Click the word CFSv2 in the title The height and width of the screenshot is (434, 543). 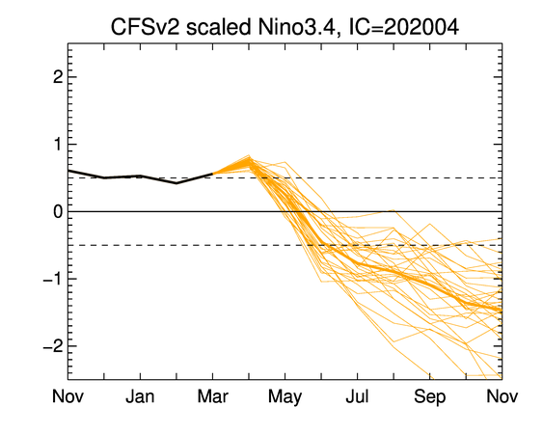point(145,27)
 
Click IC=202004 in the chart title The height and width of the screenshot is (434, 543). point(404,27)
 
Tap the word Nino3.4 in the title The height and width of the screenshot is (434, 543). point(297,27)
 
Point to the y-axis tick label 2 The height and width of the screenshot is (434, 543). point(58,77)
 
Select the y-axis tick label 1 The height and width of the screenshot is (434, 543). point(58,145)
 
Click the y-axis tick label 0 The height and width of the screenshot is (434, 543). point(58,211)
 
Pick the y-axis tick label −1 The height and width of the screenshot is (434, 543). point(53,279)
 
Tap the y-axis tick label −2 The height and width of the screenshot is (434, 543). point(53,346)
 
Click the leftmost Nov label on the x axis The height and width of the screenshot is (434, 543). point(68,396)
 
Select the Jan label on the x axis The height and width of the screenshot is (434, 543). point(140,396)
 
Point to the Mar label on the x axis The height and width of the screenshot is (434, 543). point(212,396)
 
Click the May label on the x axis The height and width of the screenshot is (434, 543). point(285,397)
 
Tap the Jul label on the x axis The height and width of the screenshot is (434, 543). point(358,396)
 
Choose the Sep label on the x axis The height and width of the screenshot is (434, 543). point(430,397)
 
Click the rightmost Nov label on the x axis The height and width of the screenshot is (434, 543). point(502,396)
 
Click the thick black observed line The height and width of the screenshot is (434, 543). point(140,176)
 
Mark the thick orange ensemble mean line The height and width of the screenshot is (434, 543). point(358,264)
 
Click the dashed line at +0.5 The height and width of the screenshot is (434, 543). point(285,178)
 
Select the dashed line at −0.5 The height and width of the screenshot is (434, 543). point(285,245)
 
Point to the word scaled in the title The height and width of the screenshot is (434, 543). point(219,27)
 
